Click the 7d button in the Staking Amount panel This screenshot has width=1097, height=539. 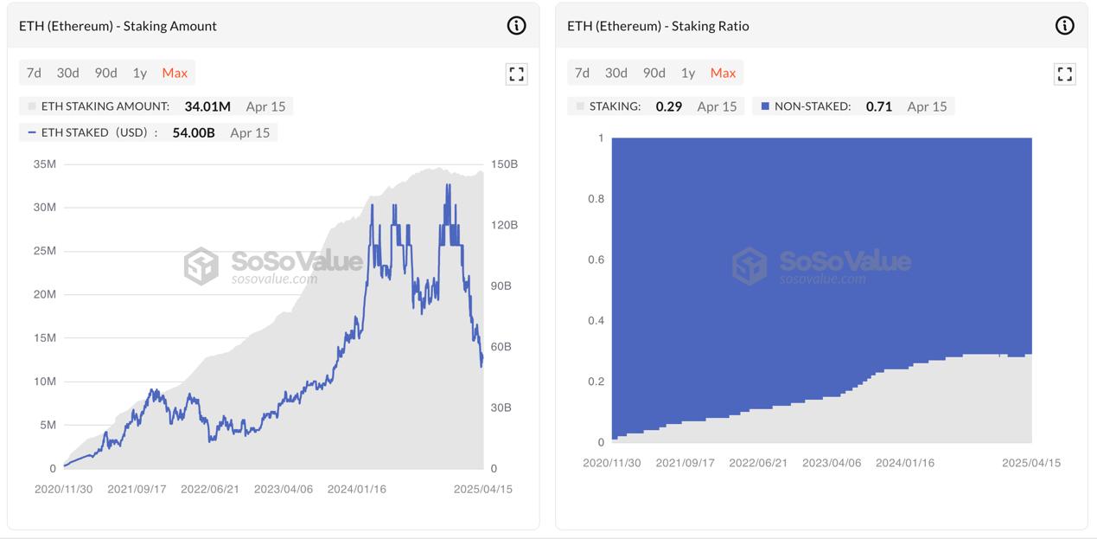click(34, 73)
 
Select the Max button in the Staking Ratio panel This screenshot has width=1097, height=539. click(723, 73)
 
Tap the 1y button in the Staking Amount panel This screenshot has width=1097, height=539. click(139, 73)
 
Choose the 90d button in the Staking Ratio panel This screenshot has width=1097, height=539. click(654, 73)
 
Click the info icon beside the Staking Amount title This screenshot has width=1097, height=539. click(516, 26)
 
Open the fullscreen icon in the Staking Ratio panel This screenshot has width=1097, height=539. click(1065, 74)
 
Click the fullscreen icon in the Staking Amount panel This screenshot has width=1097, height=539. click(516, 74)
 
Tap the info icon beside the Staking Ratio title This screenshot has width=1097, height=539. click(1065, 26)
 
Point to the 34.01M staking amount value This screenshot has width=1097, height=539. click(207, 106)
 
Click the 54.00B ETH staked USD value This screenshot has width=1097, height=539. click(194, 132)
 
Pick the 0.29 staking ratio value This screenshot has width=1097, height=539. click(669, 106)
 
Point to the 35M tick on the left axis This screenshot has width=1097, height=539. click(44, 164)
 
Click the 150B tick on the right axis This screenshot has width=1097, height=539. click(504, 164)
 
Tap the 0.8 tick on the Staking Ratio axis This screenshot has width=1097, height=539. click(596, 199)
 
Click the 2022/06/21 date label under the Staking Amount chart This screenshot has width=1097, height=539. click(209, 489)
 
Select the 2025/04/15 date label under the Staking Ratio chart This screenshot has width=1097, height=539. click(1031, 463)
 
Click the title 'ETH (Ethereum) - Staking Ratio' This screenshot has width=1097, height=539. click(658, 26)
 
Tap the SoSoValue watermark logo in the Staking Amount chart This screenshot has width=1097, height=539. click(201, 266)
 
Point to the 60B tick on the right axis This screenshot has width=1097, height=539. click(501, 347)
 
